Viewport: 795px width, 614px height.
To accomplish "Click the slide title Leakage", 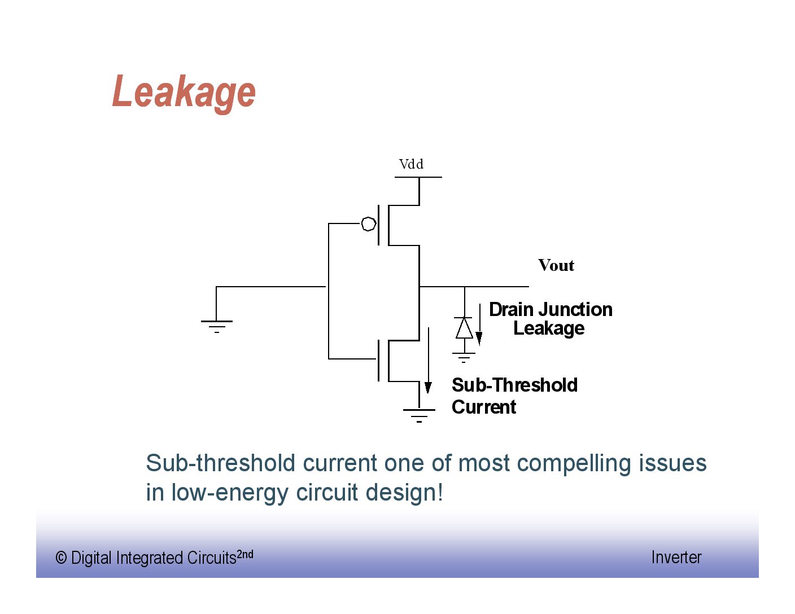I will pyautogui.click(x=184, y=92).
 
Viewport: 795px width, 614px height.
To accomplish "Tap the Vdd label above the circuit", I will pyautogui.click(x=411, y=164).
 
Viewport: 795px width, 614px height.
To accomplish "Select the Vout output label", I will pyautogui.click(x=556, y=265).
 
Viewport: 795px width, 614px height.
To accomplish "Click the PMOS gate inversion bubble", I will pyautogui.click(x=368, y=224).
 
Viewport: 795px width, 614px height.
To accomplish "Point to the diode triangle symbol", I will pyautogui.click(x=464, y=328).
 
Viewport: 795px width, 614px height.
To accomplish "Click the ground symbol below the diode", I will pyautogui.click(x=464, y=357).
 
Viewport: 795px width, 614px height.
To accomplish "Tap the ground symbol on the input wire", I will pyautogui.click(x=217, y=326).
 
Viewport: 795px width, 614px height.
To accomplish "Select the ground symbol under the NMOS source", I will pyautogui.click(x=419, y=415).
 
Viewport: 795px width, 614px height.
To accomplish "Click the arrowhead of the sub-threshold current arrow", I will pyautogui.click(x=429, y=387).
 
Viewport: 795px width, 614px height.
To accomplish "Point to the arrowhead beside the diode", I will pyautogui.click(x=479, y=338).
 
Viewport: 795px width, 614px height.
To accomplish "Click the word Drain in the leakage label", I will pyautogui.click(x=511, y=309).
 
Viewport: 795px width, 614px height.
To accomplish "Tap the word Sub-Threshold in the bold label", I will pyautogui.click(x=514, y=385).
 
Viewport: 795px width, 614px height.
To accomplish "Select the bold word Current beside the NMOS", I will pyautogui.click(x=484, y=407).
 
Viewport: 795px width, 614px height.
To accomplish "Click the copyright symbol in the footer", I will pyautogui.click(x=61, y=558).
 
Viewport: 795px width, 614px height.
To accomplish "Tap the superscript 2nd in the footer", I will pyautogui.click(x=245, y=554).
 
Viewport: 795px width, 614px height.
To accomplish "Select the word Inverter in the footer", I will pyautogui.click(x=676, y=557).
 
